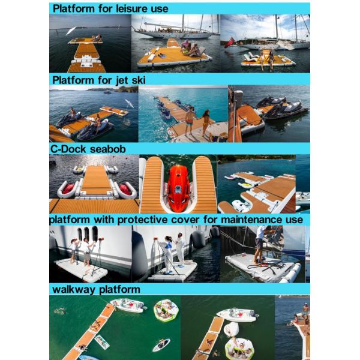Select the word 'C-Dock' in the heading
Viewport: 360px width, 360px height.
pyautogui.click(x=68, y=149)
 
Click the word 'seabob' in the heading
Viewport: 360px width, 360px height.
pyautogui.click(x=107, y=149)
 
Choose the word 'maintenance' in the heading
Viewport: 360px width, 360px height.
pyautogui.click(x=251, y=220)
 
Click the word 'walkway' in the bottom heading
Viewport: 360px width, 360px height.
pyautogui.click(x=74, y=289)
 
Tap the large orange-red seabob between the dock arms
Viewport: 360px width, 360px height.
pyautogui.click(x=178, y=185)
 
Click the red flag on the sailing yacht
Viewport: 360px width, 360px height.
pyautogui.click(x=229, y=43)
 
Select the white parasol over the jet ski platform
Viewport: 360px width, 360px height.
pyautogui.click(x=129, y=104)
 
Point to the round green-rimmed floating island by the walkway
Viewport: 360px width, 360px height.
pyautogui.click(x=166, y=310)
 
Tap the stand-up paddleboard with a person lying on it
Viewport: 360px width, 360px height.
pyautogui.click(x=161, y=344)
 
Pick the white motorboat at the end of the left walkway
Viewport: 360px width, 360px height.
pyautogui.click(x=128, y=305)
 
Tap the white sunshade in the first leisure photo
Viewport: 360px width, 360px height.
pyautogui.click(x=71, y=31)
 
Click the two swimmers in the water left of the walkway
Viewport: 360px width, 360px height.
pyautogui.click(x=59, y=311)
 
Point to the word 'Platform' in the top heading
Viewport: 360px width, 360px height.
pyautogui.click(x=74, y=9)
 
